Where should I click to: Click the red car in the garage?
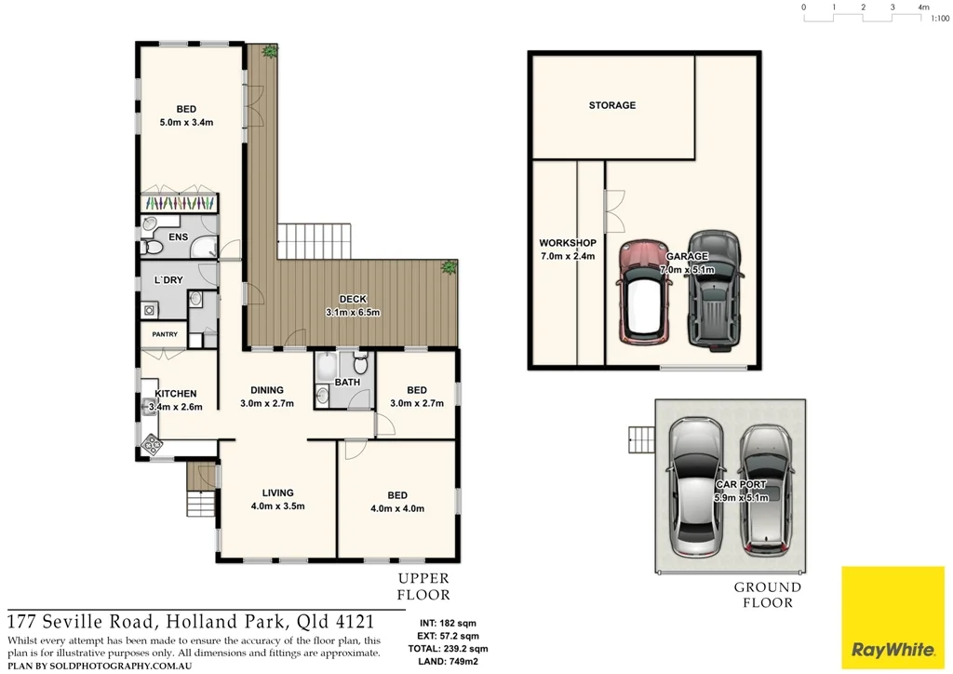coord(642,292)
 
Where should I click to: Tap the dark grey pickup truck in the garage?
coord(714,290)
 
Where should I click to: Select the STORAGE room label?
coord(612,106)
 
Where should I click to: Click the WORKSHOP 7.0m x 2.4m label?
coord(567,249)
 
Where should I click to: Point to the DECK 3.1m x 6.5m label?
coord(353,305)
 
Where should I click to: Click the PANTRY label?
coord(164,334)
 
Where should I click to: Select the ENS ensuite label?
coord(178,237)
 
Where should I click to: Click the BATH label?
coord(347,383)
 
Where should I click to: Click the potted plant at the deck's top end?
coord(269,51)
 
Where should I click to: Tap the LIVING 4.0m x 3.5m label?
coord(277,500)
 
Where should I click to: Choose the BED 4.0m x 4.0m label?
coord(397,502)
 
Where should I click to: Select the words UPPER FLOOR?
coord(423,586)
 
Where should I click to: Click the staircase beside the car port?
coord(641,438)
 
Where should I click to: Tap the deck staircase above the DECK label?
coord(315,241)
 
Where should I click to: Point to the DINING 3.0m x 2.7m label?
coord(266,397)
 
